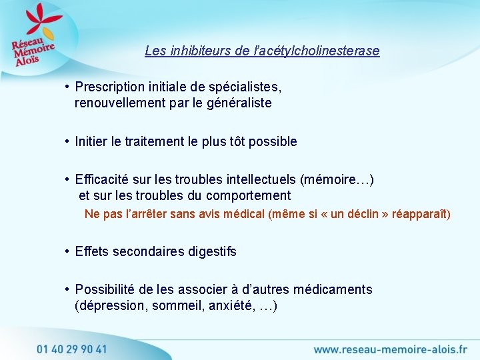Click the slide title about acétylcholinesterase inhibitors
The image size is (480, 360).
tap(262, 51)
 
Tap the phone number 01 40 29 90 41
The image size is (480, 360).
tap(71, 349)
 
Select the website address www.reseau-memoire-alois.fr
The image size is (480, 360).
tap(390, 349)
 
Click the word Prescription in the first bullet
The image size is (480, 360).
tap(109, 87)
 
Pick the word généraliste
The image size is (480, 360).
tap(238, 103)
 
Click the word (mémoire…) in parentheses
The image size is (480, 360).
tap(337, 179)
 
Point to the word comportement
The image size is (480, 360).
tap(249, 195)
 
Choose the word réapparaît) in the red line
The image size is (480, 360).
tap(421, 214)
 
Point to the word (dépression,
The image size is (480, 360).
tap(111, 306)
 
